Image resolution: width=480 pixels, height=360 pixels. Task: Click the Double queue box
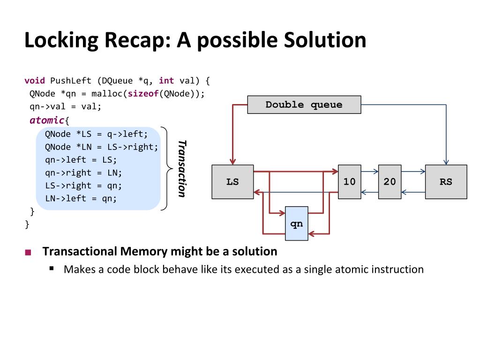click(304, 105)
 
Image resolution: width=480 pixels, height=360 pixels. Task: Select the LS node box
click(232, 182)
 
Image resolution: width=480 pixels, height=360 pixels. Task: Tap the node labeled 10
click(350, 182)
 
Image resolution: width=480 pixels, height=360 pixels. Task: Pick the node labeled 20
click(390, 182)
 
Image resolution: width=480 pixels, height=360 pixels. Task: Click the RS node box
click(446, 182)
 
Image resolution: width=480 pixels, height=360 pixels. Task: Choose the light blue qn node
click(297, 224)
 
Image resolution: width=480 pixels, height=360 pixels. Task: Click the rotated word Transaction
click(182, 169)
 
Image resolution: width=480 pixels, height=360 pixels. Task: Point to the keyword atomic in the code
click(47, 120)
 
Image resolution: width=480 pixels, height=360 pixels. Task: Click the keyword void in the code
click(35, 81)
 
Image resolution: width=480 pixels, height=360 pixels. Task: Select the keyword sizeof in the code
click(143, 93)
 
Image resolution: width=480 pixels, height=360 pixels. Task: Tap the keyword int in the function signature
click(166, 81)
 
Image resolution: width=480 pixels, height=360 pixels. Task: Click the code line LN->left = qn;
click(81, 198)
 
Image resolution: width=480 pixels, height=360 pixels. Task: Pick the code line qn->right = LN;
click(83, 172)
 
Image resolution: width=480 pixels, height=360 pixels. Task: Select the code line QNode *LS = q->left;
click(96, 134)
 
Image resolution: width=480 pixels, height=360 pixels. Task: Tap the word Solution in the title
click(325, 40)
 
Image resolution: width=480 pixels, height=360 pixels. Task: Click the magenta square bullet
click(28, 253)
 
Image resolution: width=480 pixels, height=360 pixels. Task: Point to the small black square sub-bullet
click(52, 269)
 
